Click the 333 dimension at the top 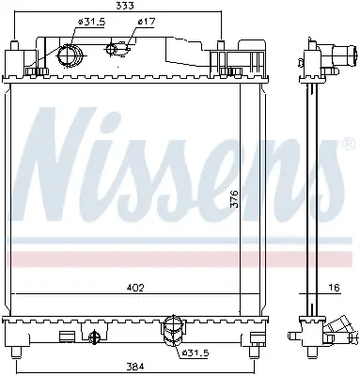point(125,6)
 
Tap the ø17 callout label point(147,22)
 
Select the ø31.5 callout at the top point(91,22)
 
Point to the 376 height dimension point(235,199)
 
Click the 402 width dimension point(135,288)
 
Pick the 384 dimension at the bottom point(136,366)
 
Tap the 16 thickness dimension point(335,288)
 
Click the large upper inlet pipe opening point(70,55)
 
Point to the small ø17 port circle point(112,49)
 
